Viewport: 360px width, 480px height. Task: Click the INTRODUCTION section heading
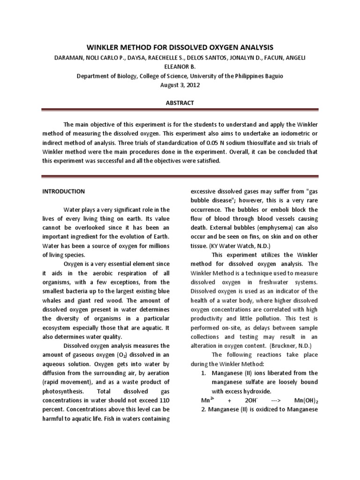point(64,191)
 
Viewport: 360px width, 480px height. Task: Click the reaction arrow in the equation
point(277,401)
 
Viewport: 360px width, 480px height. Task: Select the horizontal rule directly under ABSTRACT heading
point(180,111)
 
